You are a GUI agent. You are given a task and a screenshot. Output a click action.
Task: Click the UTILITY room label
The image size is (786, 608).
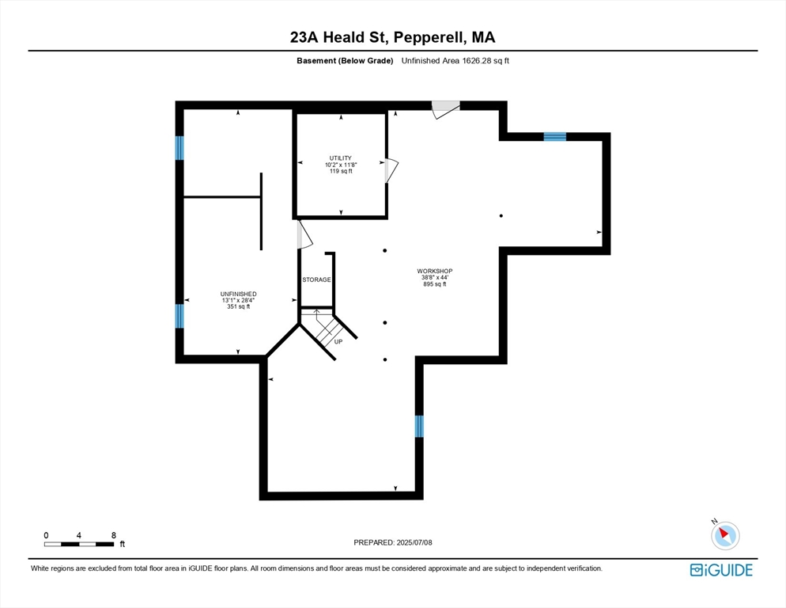pyautogui.click(x=341, y=158)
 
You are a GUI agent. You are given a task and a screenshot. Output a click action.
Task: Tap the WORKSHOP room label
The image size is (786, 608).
pyautogui.click(x=434, y=272)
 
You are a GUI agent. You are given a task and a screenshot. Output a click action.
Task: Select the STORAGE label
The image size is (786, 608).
pyautogui.click(x=316, y=280)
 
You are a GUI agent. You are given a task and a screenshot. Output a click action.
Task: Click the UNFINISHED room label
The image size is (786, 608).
pyautogui.click(x=238, y=294)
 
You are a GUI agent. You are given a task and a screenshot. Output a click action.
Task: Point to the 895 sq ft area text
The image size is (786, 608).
pyautogui.click(x=434, y=284)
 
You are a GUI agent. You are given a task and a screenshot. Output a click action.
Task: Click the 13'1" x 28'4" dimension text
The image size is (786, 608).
pyautogui.click(x=238, y=300)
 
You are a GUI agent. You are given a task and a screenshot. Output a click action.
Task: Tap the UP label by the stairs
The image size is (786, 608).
pyautogui.click(x=338, y=341)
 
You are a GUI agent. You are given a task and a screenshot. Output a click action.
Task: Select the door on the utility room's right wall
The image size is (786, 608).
pyautogui.click(x=391, y=170)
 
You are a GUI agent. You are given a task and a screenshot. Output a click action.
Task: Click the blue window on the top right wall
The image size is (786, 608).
pyautogui.click(x=555, y=136)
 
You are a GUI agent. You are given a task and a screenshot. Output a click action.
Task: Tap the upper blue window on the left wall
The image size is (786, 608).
pyautogui.click(x=179, y=147)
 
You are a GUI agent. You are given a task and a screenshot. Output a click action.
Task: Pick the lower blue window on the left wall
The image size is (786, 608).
pyautogui.click(x=179, y=316)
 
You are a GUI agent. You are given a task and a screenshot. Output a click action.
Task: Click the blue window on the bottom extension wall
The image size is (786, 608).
pyautogui.click(x=419, y=426)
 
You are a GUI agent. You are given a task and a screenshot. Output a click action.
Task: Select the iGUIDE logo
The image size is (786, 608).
pyautogui.click(x=721, y=570)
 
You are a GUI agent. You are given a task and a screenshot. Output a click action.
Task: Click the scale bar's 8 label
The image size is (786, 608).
pyautogui.click(x=114, y=535)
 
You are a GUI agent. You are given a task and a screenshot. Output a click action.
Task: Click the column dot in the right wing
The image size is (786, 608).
pyautogui.click(x=501, y=215)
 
